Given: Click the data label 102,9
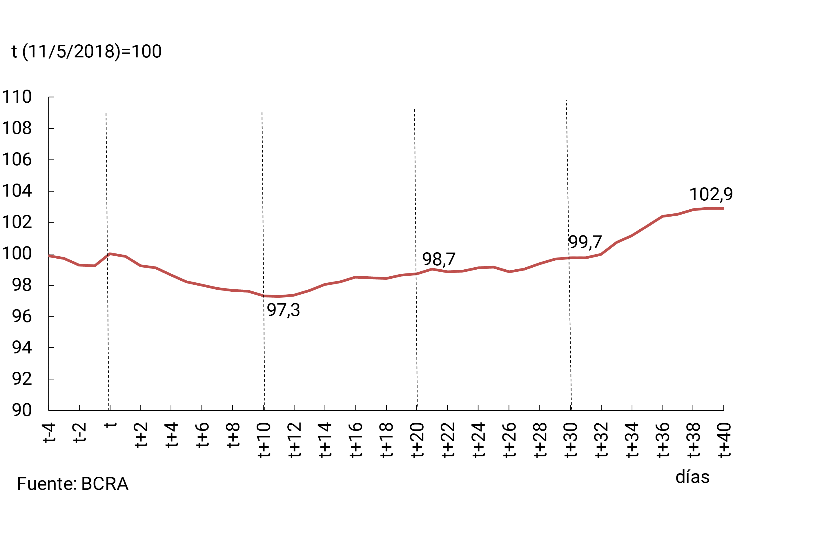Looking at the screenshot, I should pos(711,194).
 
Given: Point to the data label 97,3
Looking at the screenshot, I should pos(284,310).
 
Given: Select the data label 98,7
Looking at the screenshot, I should pos(439,259).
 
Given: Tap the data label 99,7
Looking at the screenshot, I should pos(585,242).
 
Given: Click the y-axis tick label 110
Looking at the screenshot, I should pos(17,97).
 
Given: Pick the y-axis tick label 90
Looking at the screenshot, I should pos(22,410).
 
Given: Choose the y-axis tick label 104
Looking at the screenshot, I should pos(17,191).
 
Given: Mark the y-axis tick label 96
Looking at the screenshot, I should pos(22,316).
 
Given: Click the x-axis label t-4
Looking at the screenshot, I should pos(49,433).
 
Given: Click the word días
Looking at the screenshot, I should pos(692,477).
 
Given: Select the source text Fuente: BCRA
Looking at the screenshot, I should pos(73,484).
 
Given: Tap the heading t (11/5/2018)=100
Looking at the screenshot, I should pos(87,51).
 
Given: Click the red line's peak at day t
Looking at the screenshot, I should pos(109,254).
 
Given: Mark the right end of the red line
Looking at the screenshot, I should pos(723,208).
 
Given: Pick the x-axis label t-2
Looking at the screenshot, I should pos(80,433).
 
